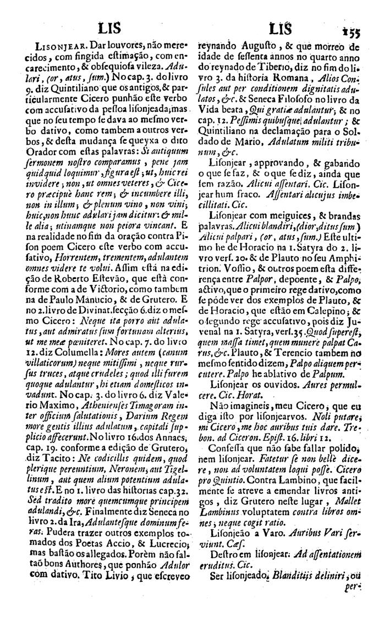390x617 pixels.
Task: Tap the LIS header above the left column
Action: click(107, 27)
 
